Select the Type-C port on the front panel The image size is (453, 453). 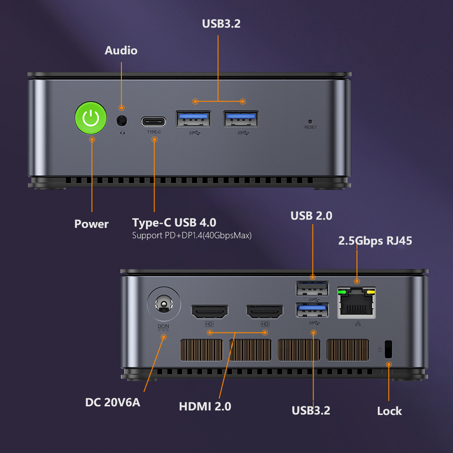pyautogui.click(x=154, y=122)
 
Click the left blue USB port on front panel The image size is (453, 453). pyautogui.click(x=193, y=119)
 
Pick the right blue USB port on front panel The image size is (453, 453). pyautogui.click(x=241, y=119)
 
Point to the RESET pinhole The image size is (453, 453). pyautogui.click(x=310, y=122)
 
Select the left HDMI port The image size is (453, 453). pyautogui.click(x=210, y=311)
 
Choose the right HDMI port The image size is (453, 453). pyautogui.click(x=265, y=311)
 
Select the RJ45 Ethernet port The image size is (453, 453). pyautogui.click(x=357, y=303)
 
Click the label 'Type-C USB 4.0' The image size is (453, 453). pyautogui.click(x=174, y=222)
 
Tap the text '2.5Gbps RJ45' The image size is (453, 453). pyautogui.click(x=375, y=240)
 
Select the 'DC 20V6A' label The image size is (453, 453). pyautogui.click(x=113, y=402)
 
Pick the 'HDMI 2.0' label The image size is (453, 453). pyautogui.click(x=205, y=406)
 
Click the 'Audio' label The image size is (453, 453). pyautogui.click(x=121, y=50)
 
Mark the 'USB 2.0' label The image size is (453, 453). pyautogui.click(x=311, y=216)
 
